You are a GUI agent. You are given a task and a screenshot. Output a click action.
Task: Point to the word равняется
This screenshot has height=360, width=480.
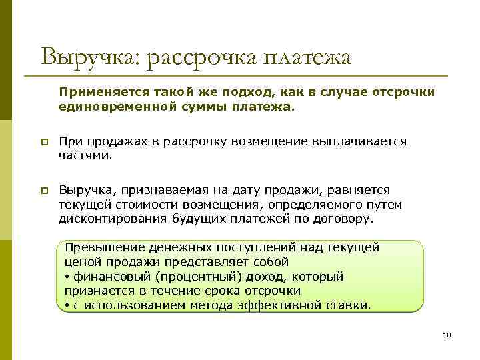(363, 190)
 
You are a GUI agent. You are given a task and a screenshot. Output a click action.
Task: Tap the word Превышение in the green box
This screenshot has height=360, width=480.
(105, 247)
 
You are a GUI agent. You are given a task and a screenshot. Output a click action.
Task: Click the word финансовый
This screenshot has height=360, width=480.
(104, 276)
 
